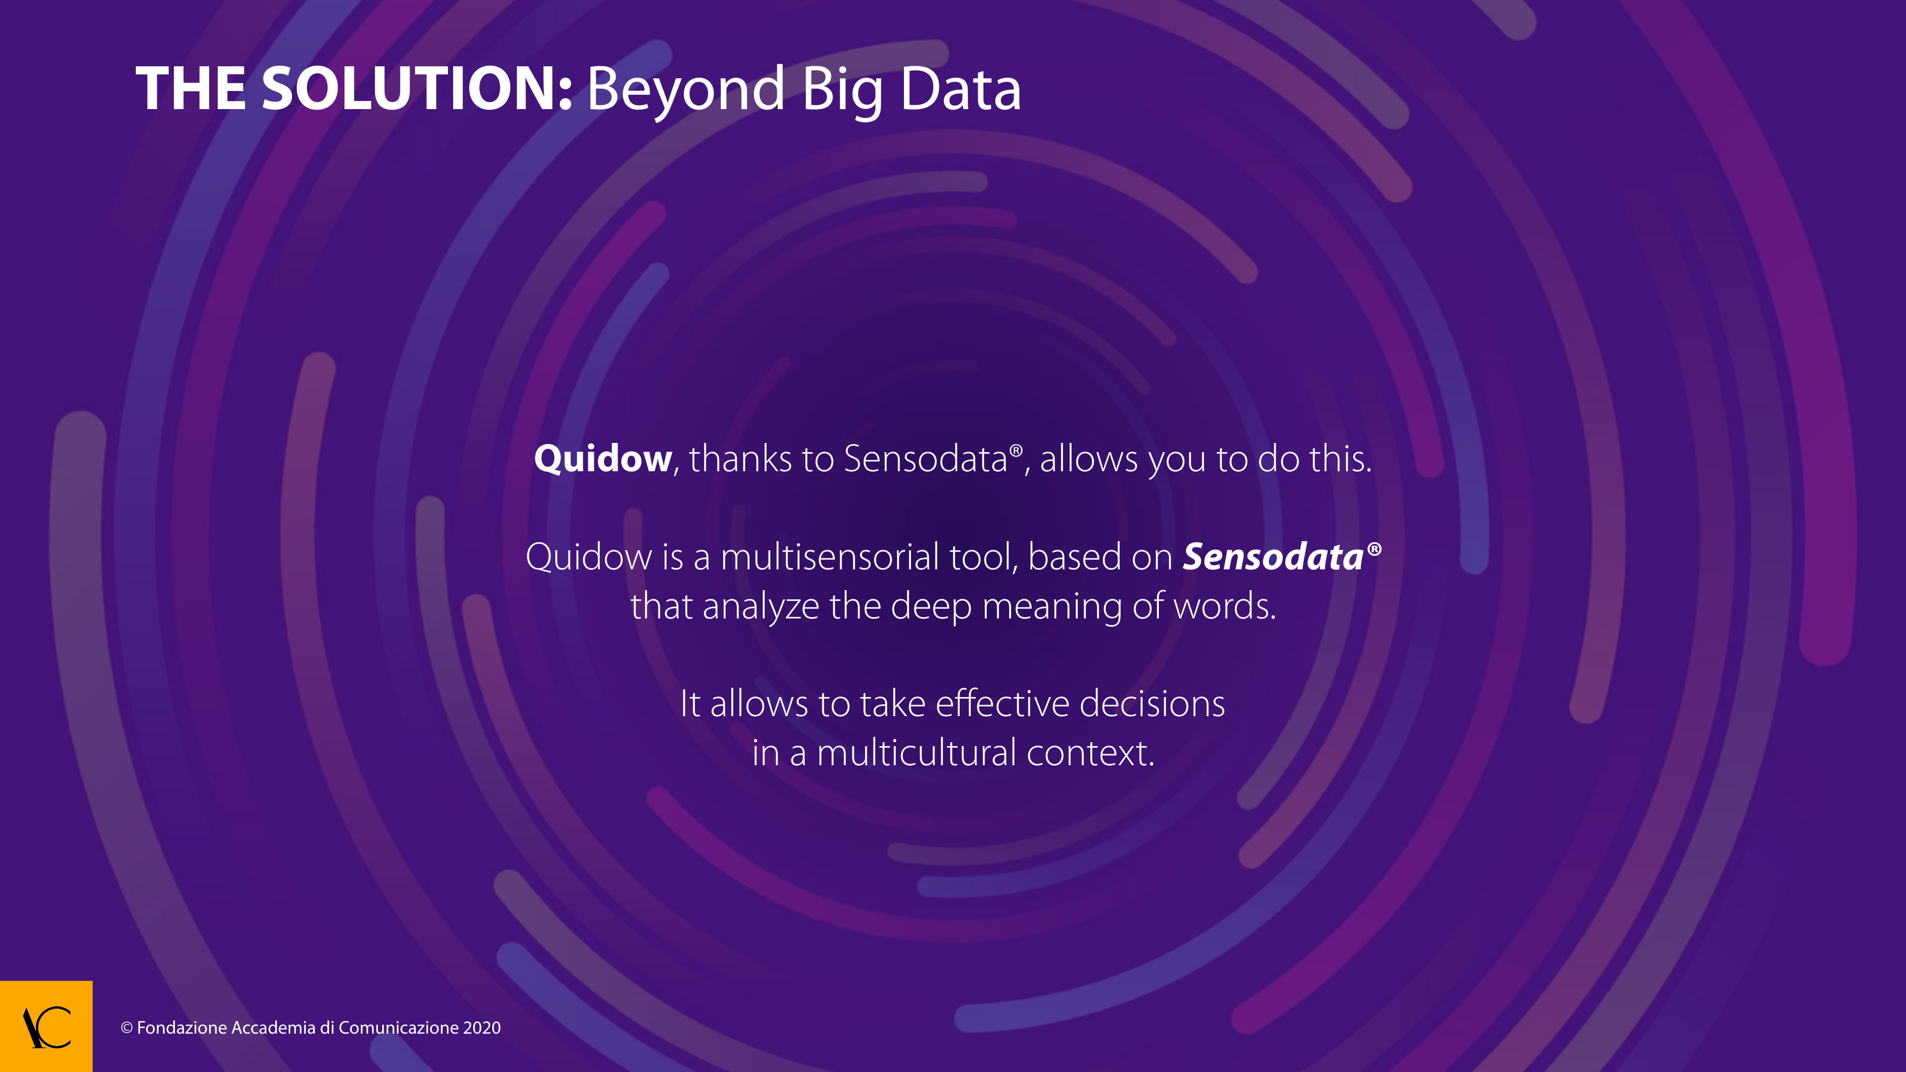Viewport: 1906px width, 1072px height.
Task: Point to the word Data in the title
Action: (x=961, y=89)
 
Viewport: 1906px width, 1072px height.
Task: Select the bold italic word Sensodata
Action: (x=1273, y=556)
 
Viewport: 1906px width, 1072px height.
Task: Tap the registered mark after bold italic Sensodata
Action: (x=1374, y=549)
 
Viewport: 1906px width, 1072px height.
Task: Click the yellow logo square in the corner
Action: (x=46, y=1026)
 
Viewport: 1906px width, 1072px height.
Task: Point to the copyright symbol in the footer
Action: (x=127, y=1028)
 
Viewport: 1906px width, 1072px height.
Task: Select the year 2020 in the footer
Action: (x=482, y=1028)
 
